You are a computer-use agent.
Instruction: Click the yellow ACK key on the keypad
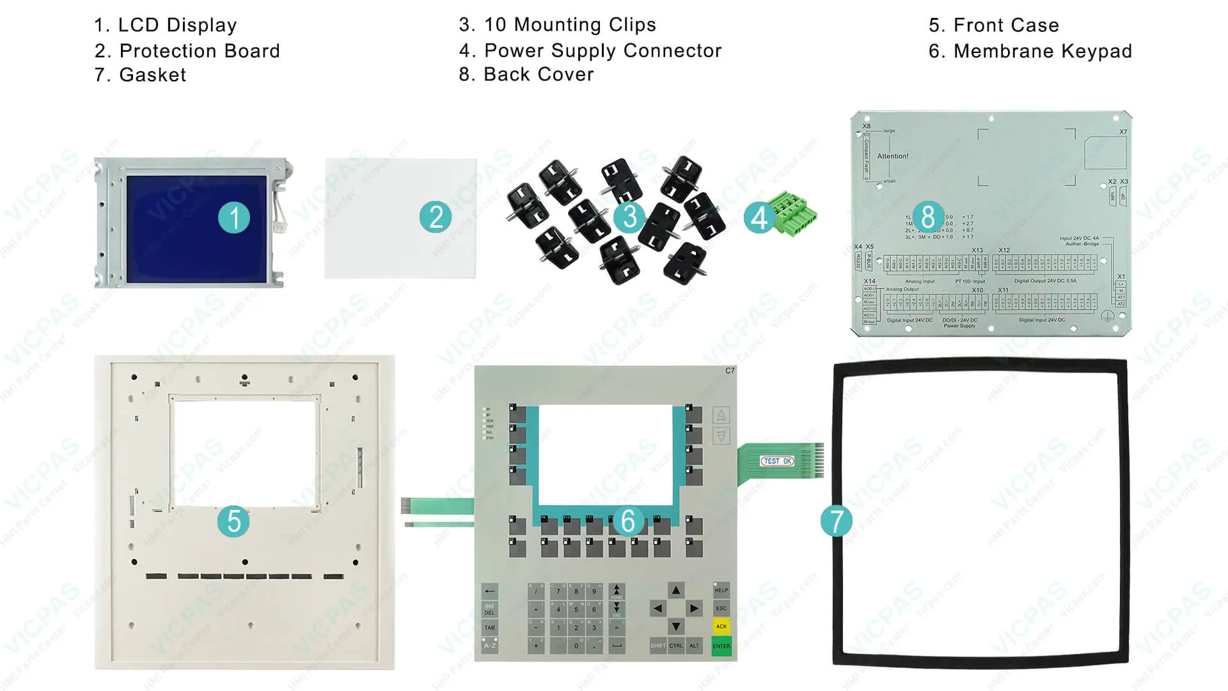pyautogui.click(x=721, y=626)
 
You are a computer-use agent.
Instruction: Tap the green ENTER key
pyautogui.click(x=721, y=646)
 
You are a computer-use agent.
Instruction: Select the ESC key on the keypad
pyautogui.click(x=721, y=608)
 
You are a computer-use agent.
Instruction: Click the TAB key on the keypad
pyautogui.click(x=489, y=627)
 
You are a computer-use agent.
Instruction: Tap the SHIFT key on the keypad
pyautogui.click(x=657, y=646)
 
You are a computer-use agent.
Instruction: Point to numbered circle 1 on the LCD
pyautogui.click(x=234, y=218)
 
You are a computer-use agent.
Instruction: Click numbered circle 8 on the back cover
pyautogui.click(x=927, y=216)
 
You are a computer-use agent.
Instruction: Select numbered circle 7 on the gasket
pyautogui.click(x=837, y=521)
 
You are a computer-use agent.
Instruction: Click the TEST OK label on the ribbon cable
pyautogui.click(x=777, y=461)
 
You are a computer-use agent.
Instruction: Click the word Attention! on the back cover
pyautogui.click(x=892, y=156)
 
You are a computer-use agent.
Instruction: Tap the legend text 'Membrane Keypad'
pyautogui.click(x=1042, y=51)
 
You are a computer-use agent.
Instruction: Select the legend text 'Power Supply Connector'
pyautogui.click(x=602, y=51)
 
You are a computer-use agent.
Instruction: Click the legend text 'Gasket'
pyautogui.click(x=152, y=75)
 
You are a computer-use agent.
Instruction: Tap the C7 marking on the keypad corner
pyautogui.click(x=730, y=371)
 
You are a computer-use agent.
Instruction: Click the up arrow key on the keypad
pyautogui.click(x=675, y=590)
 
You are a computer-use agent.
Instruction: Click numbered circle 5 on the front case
pyautogui.click(x=233, y=521)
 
